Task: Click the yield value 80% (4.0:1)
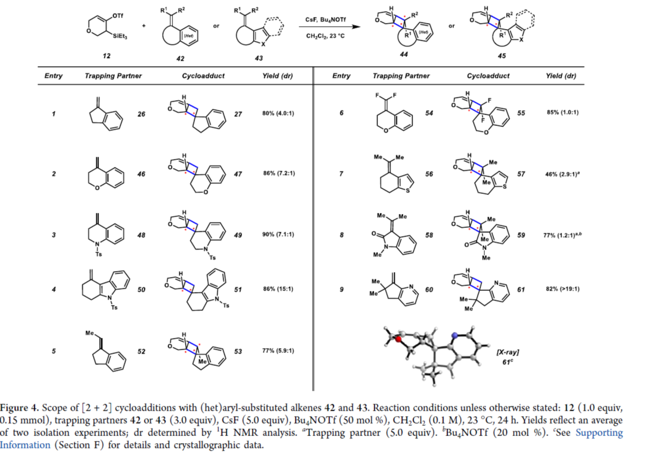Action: pos(278,114)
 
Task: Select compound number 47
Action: pos(238,174)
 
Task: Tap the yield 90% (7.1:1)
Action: pos(278,235)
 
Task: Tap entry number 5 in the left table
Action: pos(54,351)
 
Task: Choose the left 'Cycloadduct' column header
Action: pos(203,76)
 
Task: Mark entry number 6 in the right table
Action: pos(341,113)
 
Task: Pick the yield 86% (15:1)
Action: pos(278,289)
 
